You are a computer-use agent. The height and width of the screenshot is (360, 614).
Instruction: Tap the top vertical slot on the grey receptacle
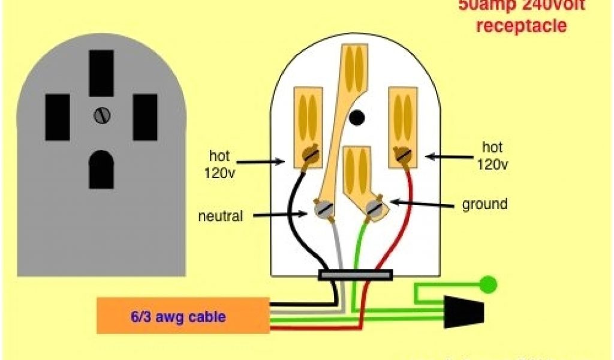pos(101,73)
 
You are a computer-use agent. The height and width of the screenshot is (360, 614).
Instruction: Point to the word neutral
pos(220,216)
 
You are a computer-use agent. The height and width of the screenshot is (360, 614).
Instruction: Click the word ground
pos(484,204)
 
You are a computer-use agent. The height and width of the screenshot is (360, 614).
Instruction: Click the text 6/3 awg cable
pos(178,317)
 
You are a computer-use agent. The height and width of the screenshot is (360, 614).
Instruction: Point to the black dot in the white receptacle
pos(357,118)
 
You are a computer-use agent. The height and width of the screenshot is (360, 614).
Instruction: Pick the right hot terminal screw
pos(402,156)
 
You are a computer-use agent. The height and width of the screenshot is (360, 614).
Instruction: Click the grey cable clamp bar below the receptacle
pos(356,275)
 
